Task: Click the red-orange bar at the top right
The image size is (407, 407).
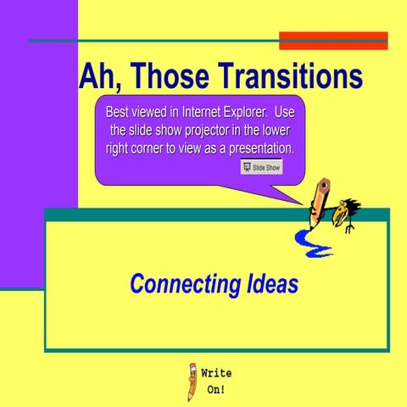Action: tap(333, 41)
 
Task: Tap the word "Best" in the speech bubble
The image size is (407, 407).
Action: tap(120, 112)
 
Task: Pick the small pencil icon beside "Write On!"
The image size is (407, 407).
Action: tap(192, 382)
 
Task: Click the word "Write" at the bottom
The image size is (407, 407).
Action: tap(216, 373)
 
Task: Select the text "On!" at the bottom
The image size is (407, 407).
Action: tap(216, 391)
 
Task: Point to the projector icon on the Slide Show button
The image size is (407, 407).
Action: tap(247, 168)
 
